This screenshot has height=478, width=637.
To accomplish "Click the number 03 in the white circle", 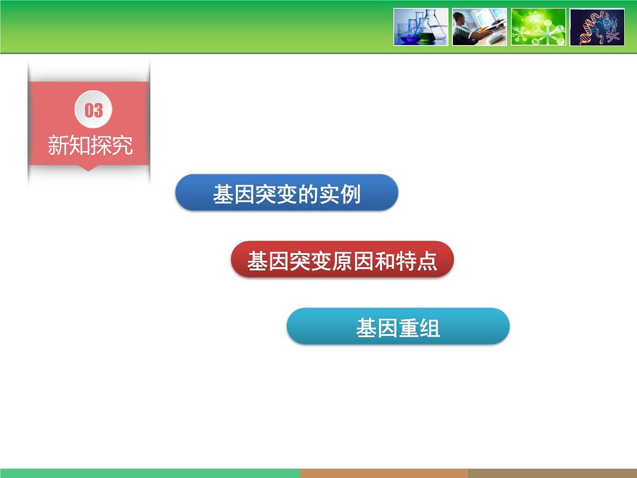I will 93,110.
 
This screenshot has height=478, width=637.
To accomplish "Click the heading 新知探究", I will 90,146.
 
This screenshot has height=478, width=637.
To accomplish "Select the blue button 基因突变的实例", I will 287,193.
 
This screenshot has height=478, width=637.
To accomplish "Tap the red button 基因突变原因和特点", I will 342,260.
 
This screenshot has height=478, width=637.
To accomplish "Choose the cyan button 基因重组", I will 398,327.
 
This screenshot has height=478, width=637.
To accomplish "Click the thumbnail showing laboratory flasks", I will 421,27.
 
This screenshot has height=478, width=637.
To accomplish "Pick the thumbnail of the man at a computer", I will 479,27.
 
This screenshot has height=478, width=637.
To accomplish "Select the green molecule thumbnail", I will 538,27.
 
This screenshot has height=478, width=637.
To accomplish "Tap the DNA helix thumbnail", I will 597,27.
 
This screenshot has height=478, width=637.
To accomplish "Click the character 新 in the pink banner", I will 58,146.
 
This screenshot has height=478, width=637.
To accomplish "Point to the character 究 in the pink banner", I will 122,146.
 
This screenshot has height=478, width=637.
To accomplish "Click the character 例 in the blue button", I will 350,194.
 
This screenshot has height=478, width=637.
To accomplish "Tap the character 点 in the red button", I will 427,261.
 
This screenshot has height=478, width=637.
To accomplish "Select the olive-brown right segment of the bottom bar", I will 552,473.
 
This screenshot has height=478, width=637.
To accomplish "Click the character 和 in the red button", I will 385,261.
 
